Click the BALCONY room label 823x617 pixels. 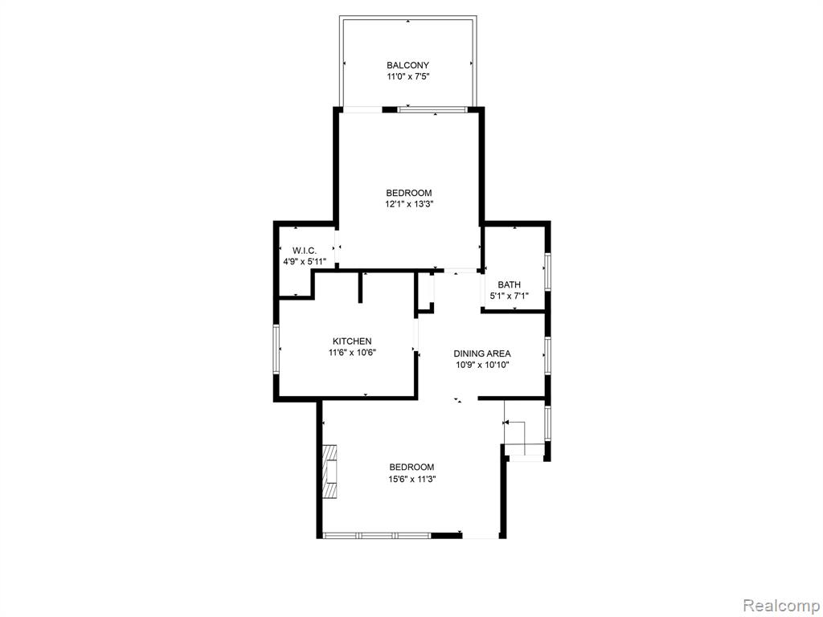[x=407, y=66]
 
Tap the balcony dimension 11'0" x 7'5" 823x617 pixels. [x=407, y=76]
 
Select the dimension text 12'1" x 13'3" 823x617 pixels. [x=409, y=204]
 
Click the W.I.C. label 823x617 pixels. [x=305, y=251]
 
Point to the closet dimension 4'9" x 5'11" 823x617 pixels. [x=305, y=261]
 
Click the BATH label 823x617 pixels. [x=509, y=285]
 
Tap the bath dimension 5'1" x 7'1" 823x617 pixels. [x=509, y=296]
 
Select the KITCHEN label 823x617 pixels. [x=352, y=341]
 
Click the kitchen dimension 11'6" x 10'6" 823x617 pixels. [x=352, y=353]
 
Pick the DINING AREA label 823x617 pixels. [x=482, y=353]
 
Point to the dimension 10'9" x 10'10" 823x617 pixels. [x=482, y=365]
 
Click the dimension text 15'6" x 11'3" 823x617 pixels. [x=412, y=479]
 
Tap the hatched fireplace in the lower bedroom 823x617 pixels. [x=330, y=472]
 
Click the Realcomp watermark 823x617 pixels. [x=780, y=605]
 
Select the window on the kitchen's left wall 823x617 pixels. [x=276, y=349]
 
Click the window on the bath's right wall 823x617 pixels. [x=547, y=272]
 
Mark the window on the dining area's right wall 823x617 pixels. [x=547, y=356]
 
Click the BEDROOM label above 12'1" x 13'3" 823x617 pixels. [x=409, y=193]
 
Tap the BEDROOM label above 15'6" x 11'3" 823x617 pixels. [x=412, y=468]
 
